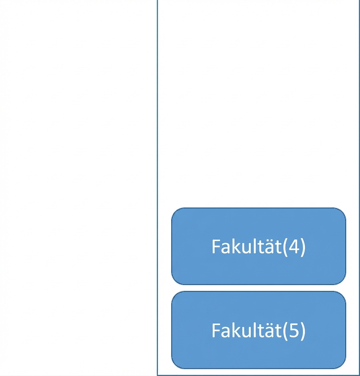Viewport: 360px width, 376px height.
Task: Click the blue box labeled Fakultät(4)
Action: [259, 246]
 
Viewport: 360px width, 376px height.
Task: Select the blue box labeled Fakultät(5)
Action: [259, 330]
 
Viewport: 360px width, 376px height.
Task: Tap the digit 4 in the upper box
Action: [294, 247]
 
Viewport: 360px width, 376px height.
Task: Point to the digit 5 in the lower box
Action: [294, 330]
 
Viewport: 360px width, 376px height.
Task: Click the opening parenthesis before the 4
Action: [285, 247]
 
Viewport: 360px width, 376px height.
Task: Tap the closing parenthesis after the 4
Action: [302, 247]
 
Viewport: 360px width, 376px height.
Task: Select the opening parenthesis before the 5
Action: [285, 331]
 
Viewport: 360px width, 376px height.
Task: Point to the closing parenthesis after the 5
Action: [302, 331]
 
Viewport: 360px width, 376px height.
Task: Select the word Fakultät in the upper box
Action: [246, 246]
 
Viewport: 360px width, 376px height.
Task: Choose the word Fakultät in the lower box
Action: [246, 330]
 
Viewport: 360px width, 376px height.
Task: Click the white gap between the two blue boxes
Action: [259, 288]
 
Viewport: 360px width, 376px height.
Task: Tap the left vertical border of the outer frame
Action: [157, 188]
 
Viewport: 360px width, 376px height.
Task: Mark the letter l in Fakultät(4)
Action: [254, 246]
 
